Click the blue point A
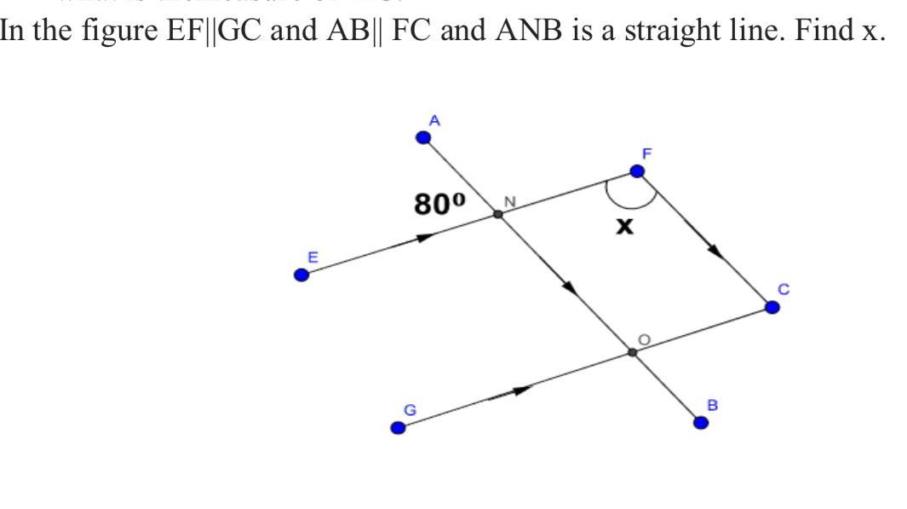point(423,137)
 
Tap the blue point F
point(637,171)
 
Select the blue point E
point(301,275)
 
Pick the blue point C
point(772,307)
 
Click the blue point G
point(398,427)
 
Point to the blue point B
point(701,422)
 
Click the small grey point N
point(498,214)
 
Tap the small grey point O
point(632,351)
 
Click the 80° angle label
point(440,204)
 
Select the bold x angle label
point(625,226)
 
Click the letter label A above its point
point(434,121)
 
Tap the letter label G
point(410,409)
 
